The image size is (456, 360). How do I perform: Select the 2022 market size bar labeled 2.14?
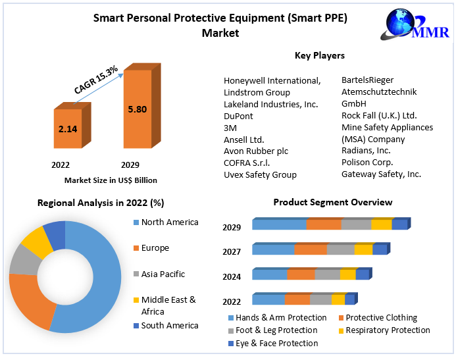[68, 129]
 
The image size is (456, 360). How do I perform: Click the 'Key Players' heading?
[319, 55]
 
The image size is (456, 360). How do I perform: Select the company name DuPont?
[238, 116]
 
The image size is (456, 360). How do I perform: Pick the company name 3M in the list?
[230, 128]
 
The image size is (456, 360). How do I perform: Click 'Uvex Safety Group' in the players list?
[260, 174]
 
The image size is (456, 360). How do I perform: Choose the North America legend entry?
[169, 222]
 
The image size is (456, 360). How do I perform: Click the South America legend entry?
[169, 325]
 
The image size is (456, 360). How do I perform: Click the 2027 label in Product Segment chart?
[232, 251]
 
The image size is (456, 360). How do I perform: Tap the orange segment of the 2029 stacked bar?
[323, 224]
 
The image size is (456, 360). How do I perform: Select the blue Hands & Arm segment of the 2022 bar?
[268, 300]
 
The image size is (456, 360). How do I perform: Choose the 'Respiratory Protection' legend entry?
[388, 330]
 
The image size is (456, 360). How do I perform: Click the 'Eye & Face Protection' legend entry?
[277, 343]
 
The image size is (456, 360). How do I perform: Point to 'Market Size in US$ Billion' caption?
[111, 180]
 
